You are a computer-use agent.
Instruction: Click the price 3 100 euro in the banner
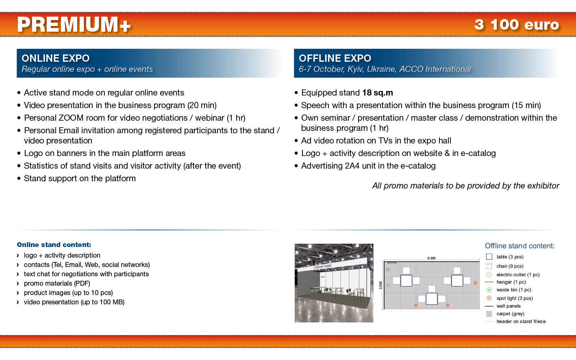517,25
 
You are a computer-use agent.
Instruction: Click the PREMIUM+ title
74,25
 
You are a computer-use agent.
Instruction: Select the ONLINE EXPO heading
56,59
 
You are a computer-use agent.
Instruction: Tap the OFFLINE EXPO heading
335,59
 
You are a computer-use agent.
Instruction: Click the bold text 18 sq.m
378,93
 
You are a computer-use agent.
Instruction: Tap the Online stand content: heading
54,245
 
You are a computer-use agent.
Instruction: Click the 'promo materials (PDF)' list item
57,283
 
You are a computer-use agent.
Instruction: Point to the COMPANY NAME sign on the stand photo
322,267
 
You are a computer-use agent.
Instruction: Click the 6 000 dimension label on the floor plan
431,258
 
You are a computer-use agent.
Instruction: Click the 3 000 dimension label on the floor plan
380,285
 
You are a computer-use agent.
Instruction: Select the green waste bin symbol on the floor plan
388,269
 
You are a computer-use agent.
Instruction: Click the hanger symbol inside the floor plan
392,263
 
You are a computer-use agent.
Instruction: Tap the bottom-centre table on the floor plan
432,299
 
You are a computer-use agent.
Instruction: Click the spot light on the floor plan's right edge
476,283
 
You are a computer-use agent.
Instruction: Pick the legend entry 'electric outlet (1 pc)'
518,275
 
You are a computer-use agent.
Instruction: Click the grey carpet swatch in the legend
489,314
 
